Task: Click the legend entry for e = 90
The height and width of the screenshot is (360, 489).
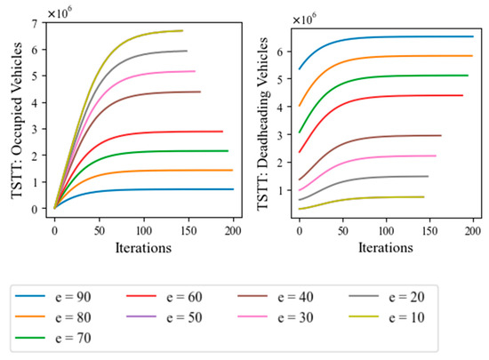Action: click(53, 296)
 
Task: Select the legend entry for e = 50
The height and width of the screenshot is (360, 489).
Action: click(164, 317)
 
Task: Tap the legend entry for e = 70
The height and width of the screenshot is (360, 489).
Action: click(53, 338)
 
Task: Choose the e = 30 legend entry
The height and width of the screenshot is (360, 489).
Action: click(276, 317)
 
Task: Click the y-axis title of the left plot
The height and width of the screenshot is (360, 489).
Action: click(17, 120)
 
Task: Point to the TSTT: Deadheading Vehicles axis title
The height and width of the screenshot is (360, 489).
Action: click(262, 124)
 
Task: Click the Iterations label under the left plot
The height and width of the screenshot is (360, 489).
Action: click(143, 248)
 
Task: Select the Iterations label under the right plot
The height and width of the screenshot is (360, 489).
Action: click(386, 248)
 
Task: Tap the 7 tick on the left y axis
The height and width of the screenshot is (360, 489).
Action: click(35, 23)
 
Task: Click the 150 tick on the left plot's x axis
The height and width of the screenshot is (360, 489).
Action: click(188, 231)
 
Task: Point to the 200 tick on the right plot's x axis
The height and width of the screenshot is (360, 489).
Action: click(473, 231)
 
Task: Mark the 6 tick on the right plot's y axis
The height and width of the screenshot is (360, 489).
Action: click(280, 52)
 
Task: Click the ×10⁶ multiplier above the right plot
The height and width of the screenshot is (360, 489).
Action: click(305, 19)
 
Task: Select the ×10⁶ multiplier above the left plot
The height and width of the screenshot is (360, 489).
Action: click(60, 12)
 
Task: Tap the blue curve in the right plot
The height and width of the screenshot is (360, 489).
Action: click(386, 37)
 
